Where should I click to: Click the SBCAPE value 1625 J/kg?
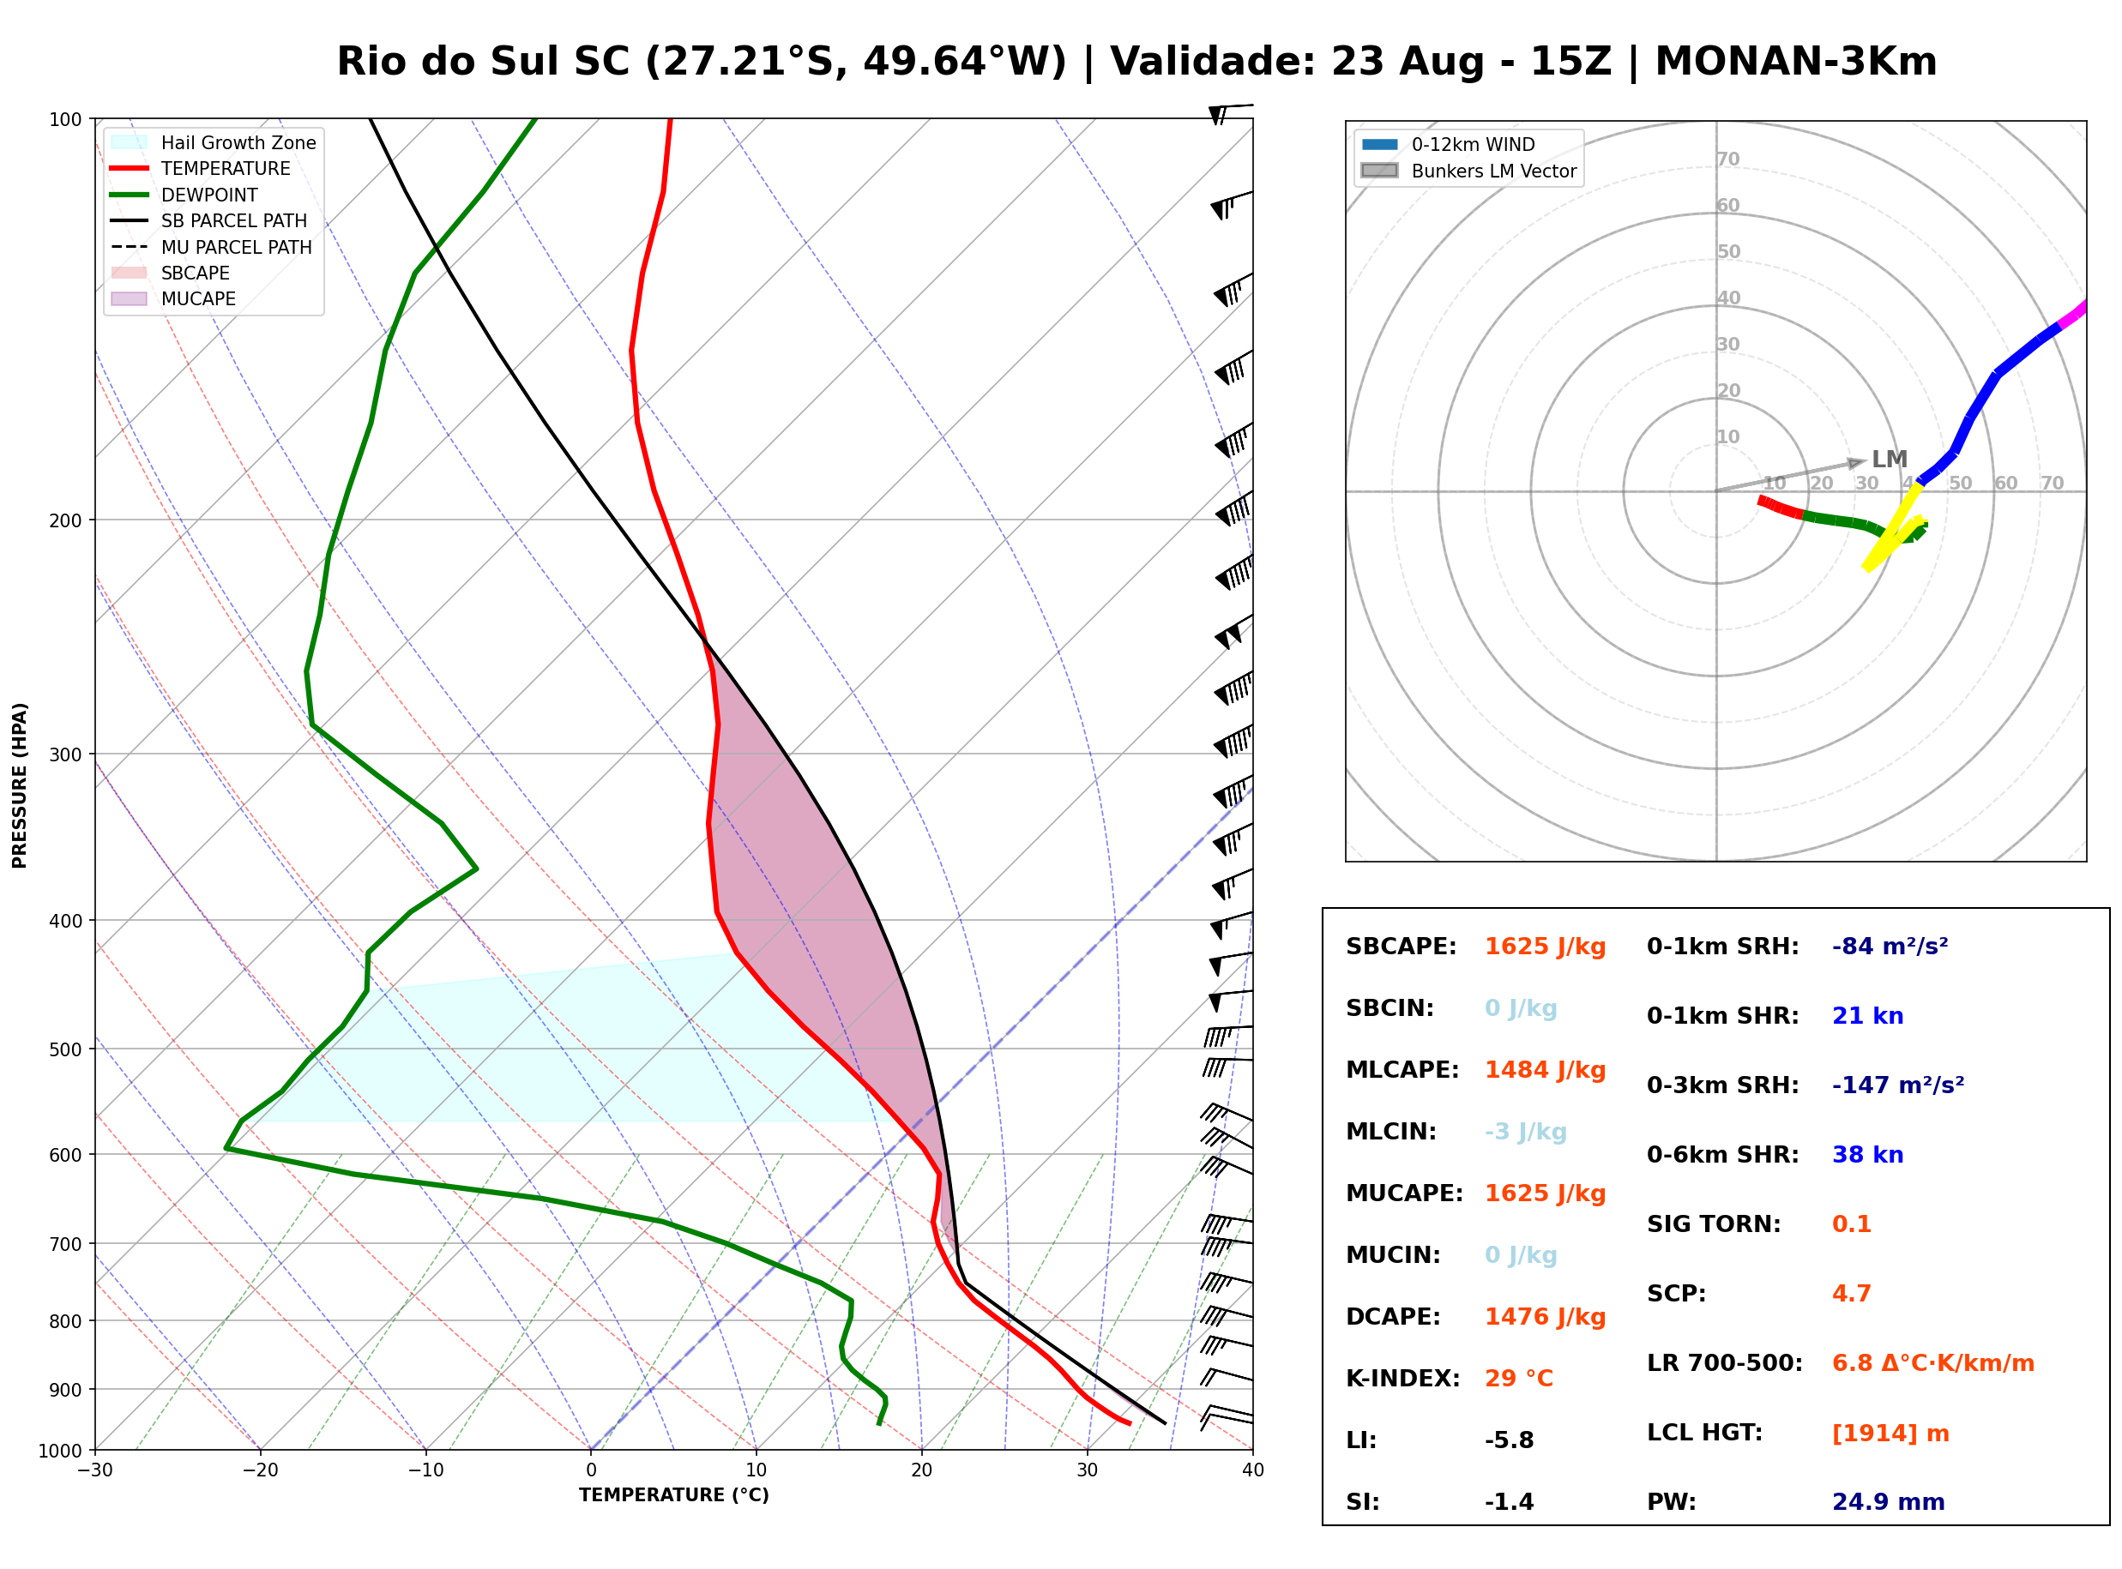coord(1545,947)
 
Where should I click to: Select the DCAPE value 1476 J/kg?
coord(1545,1317)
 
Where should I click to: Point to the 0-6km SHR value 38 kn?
coord(1867,1155)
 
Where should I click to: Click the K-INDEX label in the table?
coord(1402,1379)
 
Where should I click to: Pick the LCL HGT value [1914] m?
coord(1890,1434)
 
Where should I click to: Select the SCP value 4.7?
coord(1851,1294)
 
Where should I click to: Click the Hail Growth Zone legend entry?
coord(214,142)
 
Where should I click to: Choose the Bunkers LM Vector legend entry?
coord(1468,171)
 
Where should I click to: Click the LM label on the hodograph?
coord(1890,460)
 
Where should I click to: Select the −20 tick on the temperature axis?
coord(259,1470)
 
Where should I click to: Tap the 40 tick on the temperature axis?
coord(1253,1470)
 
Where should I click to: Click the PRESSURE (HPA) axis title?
coord(20,785)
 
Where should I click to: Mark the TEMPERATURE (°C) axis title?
coord(674,1495)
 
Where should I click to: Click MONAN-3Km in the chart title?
coord(1795,62)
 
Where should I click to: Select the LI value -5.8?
coord(1510,1440)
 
